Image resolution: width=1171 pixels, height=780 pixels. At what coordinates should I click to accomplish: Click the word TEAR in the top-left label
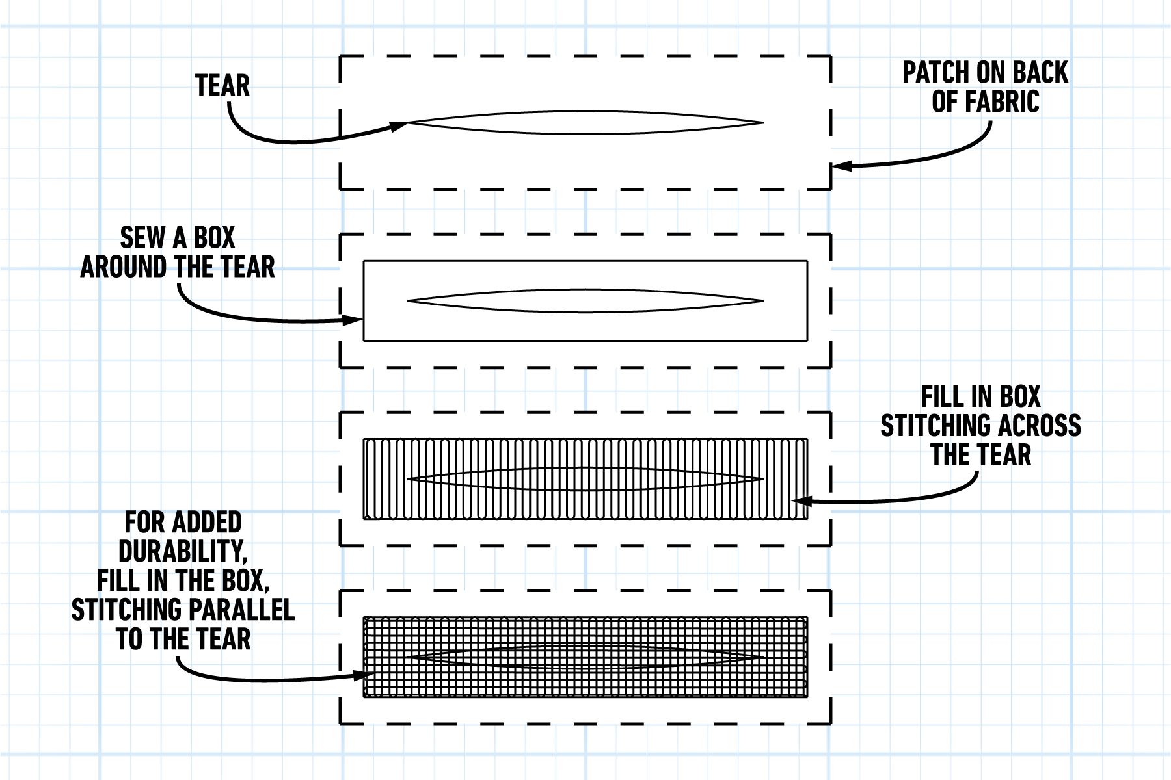click(x=222, y=86)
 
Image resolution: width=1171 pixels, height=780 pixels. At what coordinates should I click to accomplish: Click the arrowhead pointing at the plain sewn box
click(x=355, y=320)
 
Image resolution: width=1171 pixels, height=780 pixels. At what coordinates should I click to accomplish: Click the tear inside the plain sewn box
click(x=585, y=301)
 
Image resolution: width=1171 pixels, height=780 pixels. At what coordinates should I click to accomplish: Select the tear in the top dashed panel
click(x=585, y=122)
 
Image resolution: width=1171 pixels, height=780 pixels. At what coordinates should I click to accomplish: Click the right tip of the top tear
click(x=761, y=122)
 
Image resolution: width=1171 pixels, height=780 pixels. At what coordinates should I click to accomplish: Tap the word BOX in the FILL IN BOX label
click(x=1018, y=396)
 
